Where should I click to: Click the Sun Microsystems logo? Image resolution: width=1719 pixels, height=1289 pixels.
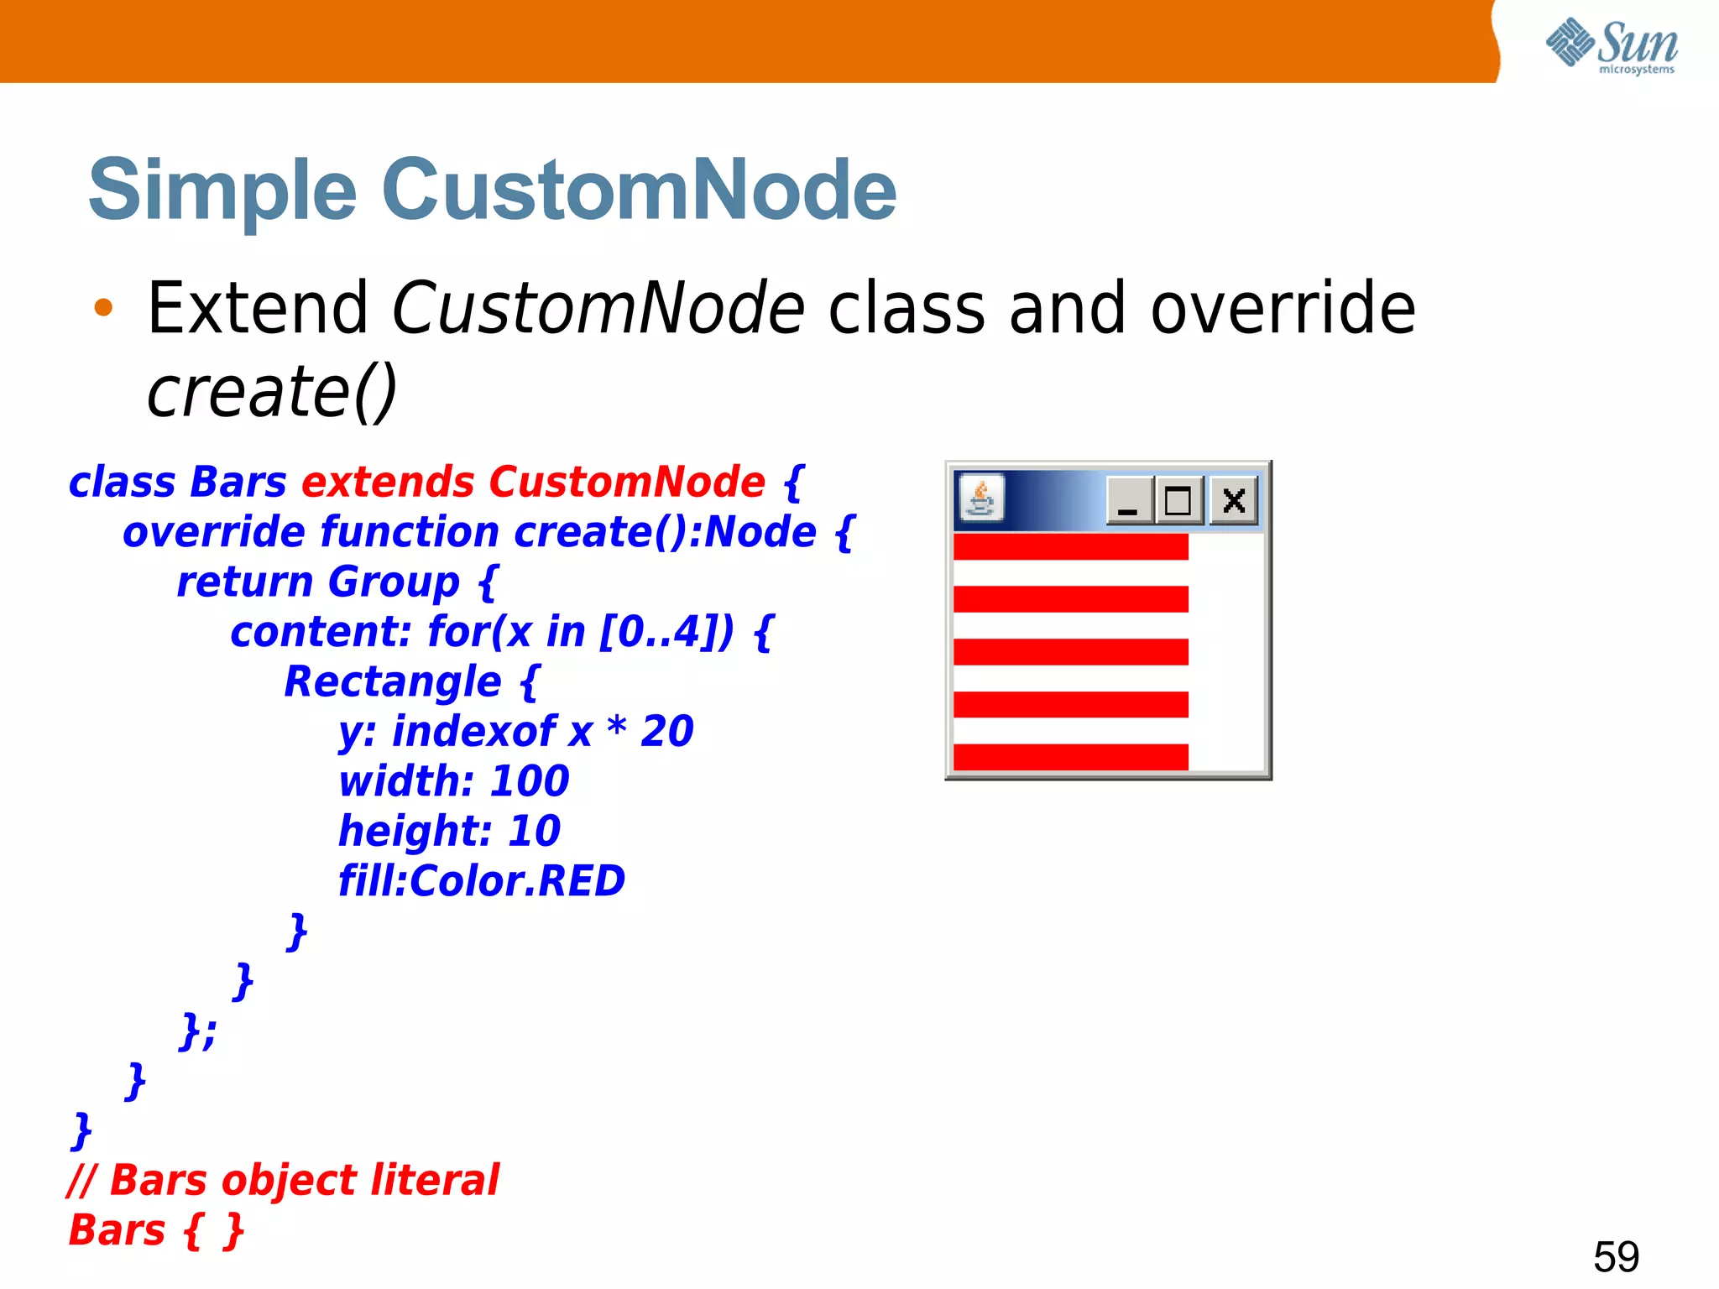click(1612, 45)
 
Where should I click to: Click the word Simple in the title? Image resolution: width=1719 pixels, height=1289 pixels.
click(222, 190)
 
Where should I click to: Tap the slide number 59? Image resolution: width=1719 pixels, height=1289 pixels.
click(1616, 1256)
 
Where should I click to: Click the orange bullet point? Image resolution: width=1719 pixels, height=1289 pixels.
click(103, 307)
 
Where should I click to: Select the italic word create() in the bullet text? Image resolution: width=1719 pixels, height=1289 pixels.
click(271, 392)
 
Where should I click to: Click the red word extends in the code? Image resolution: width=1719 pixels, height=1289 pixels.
click(389, 483)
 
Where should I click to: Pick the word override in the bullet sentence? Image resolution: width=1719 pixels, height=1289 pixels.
click(1282, 308)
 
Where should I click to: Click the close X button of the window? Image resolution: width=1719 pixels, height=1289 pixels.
click(1233, 501)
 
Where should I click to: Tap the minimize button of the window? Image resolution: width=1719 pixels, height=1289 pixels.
click(1129, 501)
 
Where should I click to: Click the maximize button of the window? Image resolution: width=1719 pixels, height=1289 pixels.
click(1178, 501)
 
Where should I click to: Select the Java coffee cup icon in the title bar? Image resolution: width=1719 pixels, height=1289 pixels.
click(980, 498)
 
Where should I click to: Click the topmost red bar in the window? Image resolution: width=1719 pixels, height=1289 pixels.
click(1070, 546)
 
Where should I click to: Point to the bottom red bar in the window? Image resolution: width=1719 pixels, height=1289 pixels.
click(1070, 757)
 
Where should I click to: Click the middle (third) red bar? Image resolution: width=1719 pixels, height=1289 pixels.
click(1070, 652)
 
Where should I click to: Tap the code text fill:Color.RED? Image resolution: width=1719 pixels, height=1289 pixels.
click(482, 881)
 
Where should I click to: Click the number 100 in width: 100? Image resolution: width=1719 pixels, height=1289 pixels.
click(530, 781)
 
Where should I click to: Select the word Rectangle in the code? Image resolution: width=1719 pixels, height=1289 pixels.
click(393, 681)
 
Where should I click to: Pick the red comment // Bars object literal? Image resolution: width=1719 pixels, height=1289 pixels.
click(284, 1181)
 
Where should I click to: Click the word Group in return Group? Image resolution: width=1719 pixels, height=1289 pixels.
click(394, 582)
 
